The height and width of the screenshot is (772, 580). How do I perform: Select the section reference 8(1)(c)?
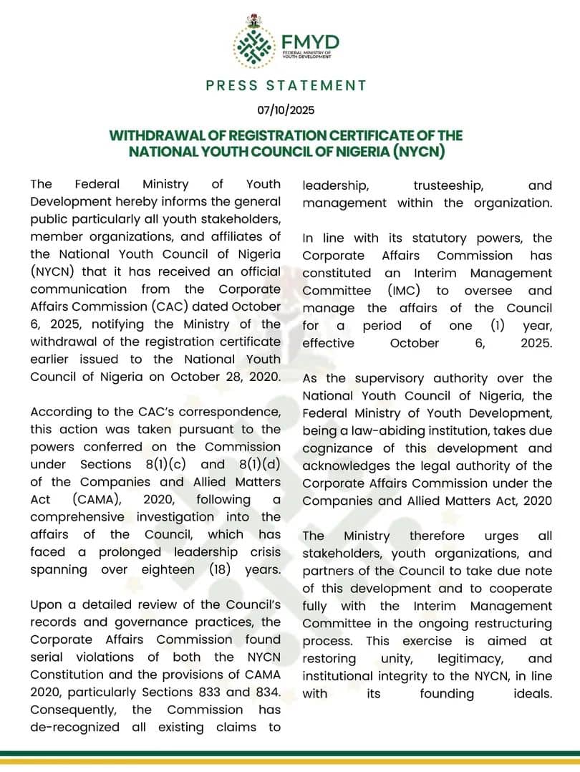(x=168, y=464)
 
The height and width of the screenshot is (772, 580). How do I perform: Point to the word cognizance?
(x=342, y=448)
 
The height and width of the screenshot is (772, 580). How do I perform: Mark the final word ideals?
(x=533, y=693)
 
